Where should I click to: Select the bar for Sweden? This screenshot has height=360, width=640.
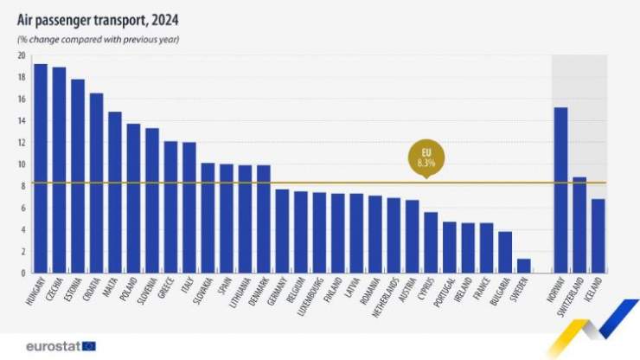(524, 266)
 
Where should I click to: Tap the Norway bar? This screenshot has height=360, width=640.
(560, 190)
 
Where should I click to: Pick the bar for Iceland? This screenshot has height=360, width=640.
(598, 236)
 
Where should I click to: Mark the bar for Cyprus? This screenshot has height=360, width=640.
(431, 242)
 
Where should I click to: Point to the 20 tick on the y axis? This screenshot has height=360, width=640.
(20, 55)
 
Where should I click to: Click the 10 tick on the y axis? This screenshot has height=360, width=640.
(20, 164)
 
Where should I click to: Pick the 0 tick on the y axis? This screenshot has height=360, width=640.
(22, 273)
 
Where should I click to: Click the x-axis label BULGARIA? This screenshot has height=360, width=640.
(496, 294)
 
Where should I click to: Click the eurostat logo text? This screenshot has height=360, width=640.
(54, 345)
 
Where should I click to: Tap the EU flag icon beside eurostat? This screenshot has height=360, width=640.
(89, 346)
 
